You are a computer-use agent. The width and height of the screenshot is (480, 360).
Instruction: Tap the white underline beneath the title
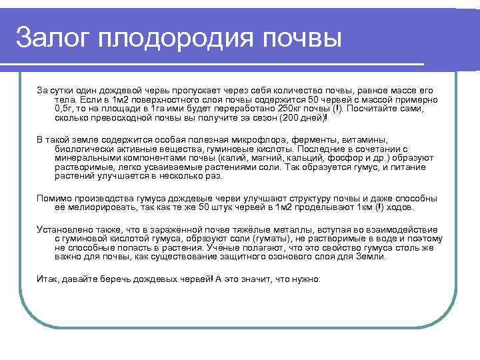220,64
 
